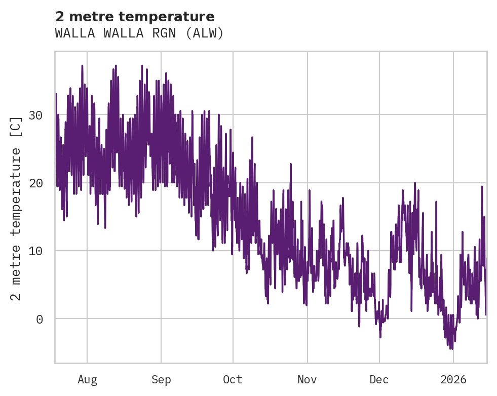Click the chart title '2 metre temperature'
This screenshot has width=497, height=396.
tap(135, 17)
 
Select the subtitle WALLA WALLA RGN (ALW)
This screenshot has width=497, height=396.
tap(139, 33)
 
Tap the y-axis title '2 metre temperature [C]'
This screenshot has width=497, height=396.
tap(17, 208)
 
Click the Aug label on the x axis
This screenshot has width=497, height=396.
tap(87, 380)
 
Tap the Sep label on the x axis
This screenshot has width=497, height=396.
tap(161, 380)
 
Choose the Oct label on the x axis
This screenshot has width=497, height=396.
tap(233, 380)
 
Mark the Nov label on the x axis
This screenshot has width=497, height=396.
tap(307, 380)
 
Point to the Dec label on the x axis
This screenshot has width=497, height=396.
tap(379, 380)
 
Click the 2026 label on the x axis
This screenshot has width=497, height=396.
tap(453, 380)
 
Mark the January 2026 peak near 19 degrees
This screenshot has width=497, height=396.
tap(482, 186)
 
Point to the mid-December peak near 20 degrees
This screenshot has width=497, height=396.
tap(415, 183)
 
